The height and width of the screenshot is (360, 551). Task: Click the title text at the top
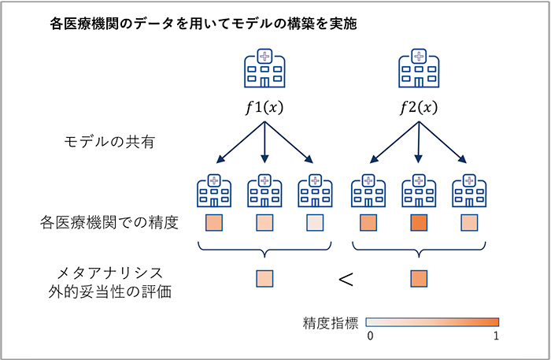(202, 24)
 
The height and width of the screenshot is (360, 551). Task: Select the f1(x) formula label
(264, 108)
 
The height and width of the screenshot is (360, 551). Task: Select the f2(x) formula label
(419, 108)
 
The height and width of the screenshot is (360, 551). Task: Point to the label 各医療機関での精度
(119, 224)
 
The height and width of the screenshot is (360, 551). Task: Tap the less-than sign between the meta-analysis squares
(345, 279)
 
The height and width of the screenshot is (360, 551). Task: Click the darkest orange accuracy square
(418, 223)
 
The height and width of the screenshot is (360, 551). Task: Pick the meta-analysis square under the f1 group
(264, 278)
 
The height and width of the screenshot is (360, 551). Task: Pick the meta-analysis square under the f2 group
(418, 278)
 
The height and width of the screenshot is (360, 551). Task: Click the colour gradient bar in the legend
(434, 321)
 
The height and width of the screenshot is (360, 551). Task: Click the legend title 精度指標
(331, 322)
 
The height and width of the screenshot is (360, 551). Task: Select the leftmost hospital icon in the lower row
(214, 191)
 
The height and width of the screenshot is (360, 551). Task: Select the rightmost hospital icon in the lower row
(469, 191)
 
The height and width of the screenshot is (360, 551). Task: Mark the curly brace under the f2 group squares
(418, 251)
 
